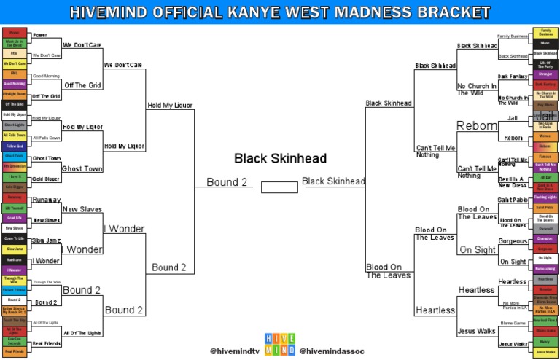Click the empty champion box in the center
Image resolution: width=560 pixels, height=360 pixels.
tap(279, 187)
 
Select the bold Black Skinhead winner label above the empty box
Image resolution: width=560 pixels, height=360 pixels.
tap(280, 158)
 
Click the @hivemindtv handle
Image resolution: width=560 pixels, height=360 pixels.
tap(235, 351)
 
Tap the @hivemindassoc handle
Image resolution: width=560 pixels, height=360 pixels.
tap(332, 351)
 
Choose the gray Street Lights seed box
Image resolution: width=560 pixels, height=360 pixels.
tap(15, 125)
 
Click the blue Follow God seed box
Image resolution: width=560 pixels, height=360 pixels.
tap(15, 146)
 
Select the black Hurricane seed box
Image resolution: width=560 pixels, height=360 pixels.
tap(15, 259)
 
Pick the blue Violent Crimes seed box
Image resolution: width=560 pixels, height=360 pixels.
tap(15, 289)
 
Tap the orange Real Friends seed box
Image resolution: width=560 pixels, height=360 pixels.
tap(15, 351)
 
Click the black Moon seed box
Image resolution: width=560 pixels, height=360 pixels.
tap(545, 43)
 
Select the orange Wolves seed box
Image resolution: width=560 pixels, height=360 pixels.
tap(545, 136)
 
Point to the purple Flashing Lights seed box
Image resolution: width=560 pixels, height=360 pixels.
tap(545, 197)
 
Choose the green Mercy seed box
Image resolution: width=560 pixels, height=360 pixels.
tap(545, 341)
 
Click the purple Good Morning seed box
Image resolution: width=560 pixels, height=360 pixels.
tap(15, 84)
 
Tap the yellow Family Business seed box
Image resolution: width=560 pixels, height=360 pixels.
tap(545, 33)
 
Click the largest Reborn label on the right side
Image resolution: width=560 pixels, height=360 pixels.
tap(477, 126)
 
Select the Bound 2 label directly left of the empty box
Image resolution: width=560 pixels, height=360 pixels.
tap(227, 182)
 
